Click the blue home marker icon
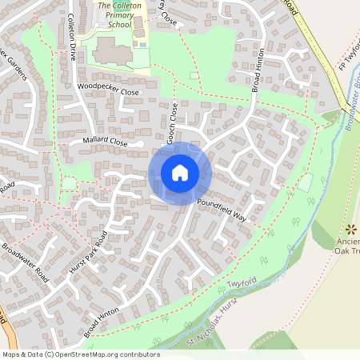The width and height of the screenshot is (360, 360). point(180,172)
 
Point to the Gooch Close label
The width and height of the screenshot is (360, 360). point(173,123)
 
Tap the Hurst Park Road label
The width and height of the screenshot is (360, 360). point(88,253)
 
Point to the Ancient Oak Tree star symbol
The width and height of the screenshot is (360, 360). point(349,229)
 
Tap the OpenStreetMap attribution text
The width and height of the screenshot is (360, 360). point(81,354)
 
